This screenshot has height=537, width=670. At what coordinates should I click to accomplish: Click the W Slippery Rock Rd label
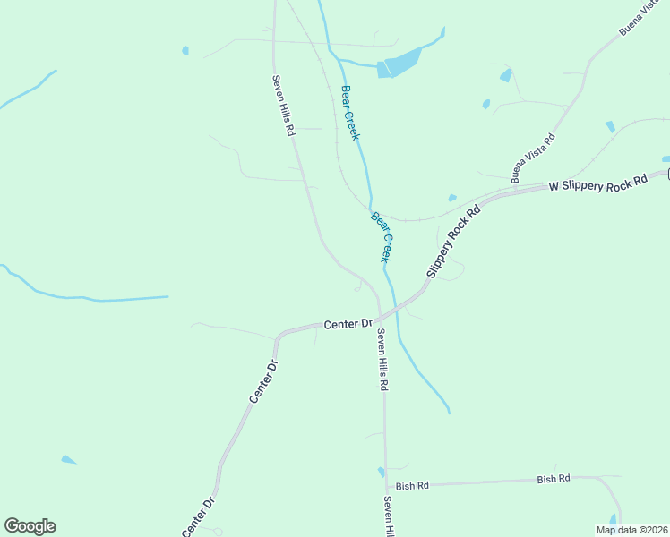597,182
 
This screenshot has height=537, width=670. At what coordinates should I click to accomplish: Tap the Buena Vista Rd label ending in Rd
533,158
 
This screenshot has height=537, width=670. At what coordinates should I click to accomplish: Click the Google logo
30,526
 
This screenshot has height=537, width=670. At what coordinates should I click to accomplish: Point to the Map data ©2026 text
631,530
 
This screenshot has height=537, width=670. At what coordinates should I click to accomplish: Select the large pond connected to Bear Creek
399,63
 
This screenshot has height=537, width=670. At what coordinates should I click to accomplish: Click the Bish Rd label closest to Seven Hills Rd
412,485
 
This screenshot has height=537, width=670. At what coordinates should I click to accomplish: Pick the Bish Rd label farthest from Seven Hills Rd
554,479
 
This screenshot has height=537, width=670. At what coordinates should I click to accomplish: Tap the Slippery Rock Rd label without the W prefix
453,241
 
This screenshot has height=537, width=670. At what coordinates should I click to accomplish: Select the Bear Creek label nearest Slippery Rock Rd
382,236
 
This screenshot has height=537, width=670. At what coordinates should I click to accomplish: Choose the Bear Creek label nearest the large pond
349,112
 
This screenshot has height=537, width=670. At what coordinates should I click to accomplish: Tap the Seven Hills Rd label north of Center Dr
284,104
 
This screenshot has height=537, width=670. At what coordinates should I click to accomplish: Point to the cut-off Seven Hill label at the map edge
389,516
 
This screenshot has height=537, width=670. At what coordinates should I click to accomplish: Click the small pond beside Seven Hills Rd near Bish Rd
382,472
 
